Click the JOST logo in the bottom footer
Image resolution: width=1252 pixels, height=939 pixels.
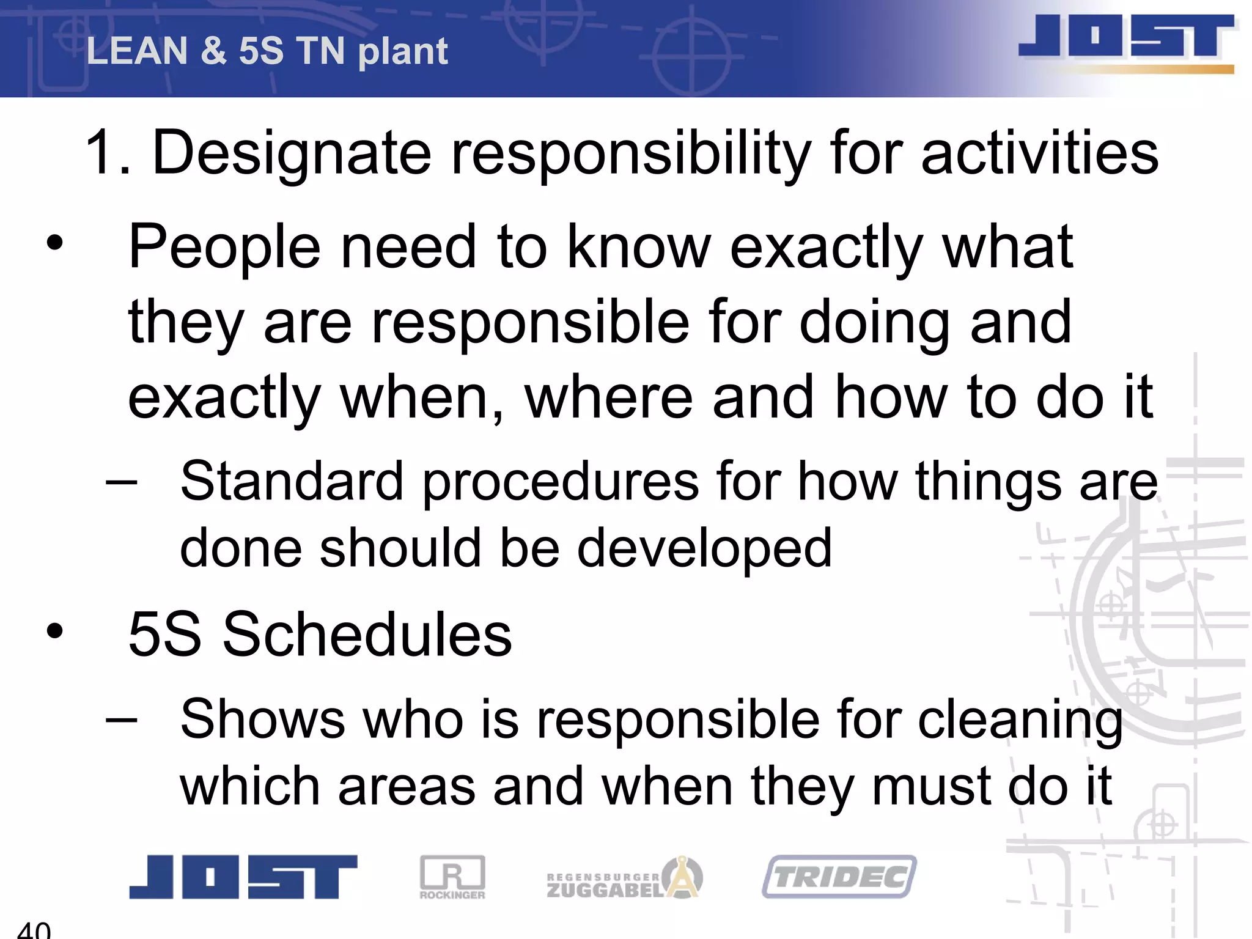243,877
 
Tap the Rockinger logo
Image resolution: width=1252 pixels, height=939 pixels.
452,877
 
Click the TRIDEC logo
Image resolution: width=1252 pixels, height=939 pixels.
839,877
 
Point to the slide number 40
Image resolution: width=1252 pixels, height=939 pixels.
34,930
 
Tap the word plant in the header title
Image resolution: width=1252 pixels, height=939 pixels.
403,52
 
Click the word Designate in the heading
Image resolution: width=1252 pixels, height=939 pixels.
292,153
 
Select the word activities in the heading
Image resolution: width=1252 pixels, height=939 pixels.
1039,153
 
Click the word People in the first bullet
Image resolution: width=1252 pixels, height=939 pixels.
224,246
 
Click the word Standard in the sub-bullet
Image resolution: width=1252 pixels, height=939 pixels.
292,481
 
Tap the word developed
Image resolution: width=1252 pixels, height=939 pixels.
704,548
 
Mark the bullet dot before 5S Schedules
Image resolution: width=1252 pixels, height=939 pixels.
55,631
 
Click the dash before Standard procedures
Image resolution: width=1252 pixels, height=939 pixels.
121,481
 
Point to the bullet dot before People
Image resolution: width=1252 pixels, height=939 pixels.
55,243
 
